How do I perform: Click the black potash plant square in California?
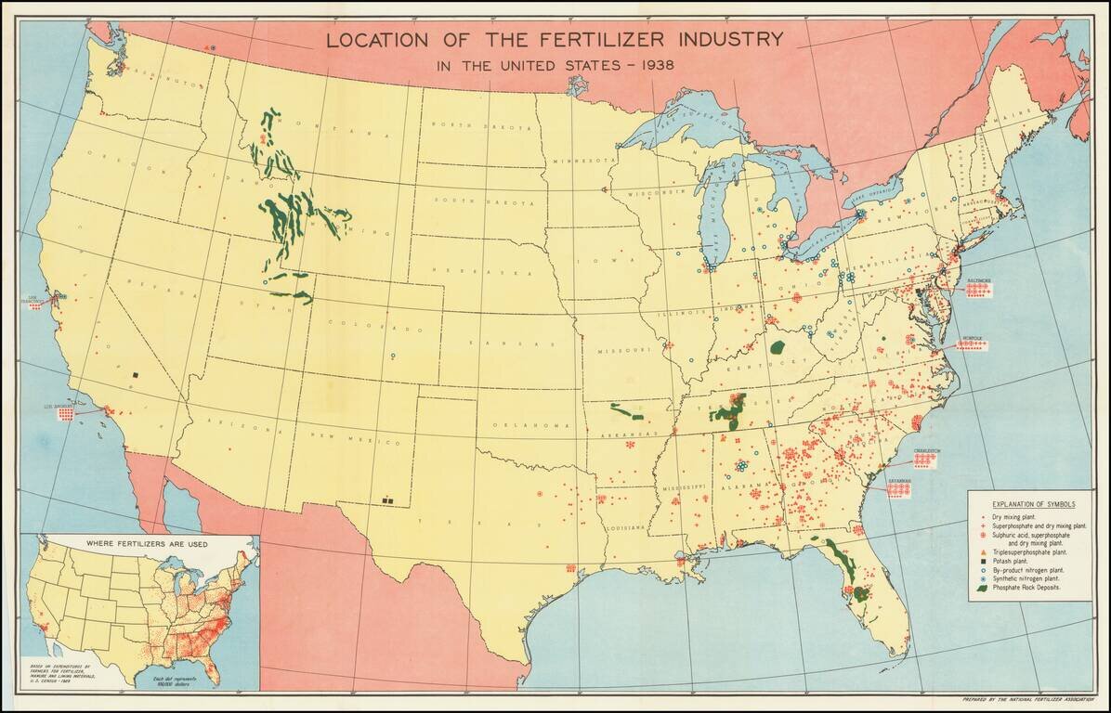point(135,375)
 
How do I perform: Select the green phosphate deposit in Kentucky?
point(778,347)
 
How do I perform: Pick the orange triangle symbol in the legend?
point(983,551)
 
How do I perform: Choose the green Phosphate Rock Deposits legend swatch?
point(983,589)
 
